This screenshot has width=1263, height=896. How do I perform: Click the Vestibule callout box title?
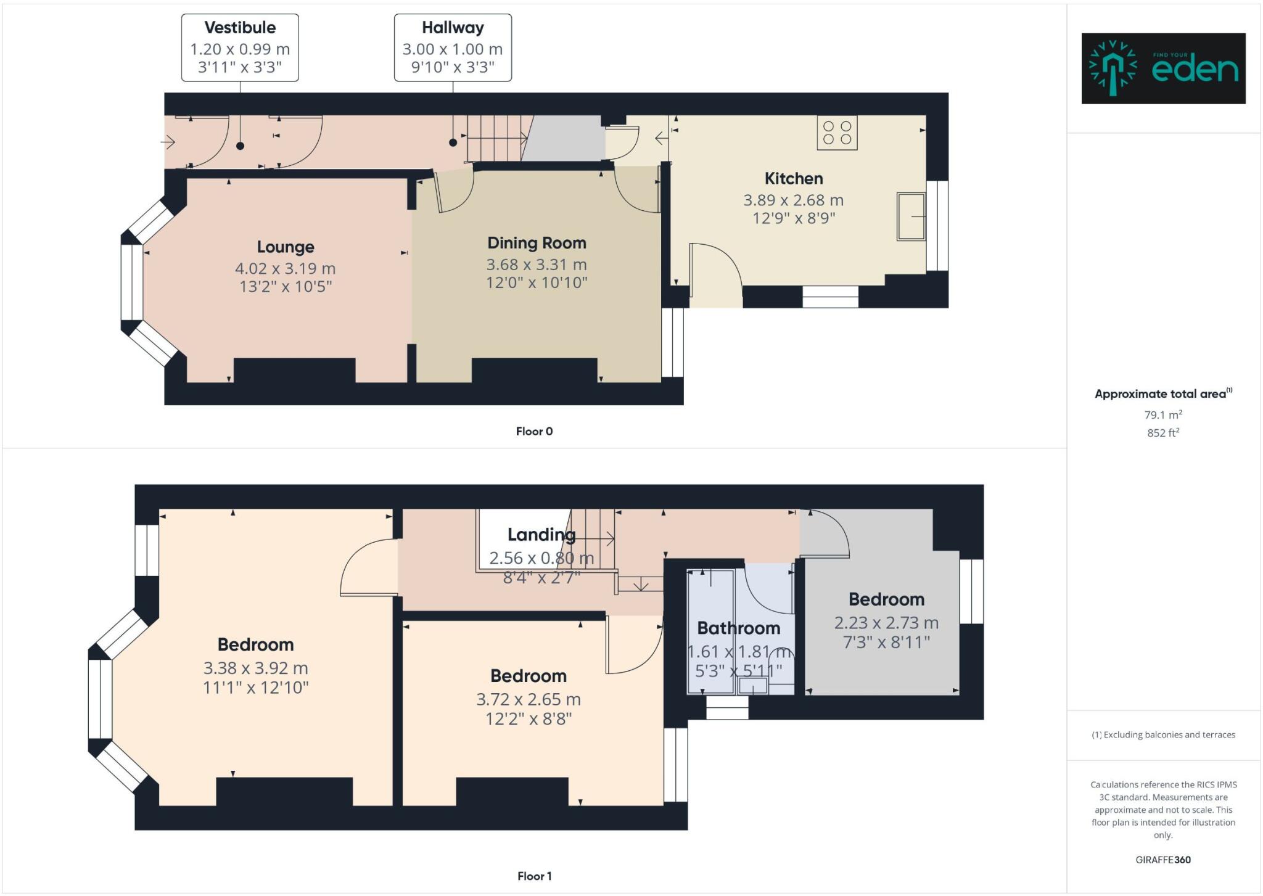pyautogui.click(x=240, y=28)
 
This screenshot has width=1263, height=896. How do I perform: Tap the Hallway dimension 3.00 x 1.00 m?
pyautogui.click(x=452, y=49)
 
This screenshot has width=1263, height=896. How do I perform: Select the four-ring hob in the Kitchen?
pyautogui.click(x=837, y=133)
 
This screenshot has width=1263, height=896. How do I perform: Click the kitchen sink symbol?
pyautogui.click(x=911, y=216)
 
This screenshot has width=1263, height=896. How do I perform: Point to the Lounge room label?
pyautogui.click(x=286, y=247)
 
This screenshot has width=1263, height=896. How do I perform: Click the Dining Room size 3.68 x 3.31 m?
pyautogui.click(x=536, y=265)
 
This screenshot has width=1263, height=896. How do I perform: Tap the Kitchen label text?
pyautogui.click(x=793, y=179)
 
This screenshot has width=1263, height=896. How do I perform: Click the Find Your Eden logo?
pyautogui.click(x=1163, y=68)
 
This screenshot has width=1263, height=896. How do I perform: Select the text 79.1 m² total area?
pyautogui.click(x=1162, y=415)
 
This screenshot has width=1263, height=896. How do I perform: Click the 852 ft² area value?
pyautogui.click(x=1162, y=433)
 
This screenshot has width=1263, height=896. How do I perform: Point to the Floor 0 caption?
pyautogui.click(x=534, y=432)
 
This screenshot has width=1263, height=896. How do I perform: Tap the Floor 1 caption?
pyautogui.click(x=534, y=876)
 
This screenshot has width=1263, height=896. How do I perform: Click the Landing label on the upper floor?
pyautogui.click(x=541, y=535)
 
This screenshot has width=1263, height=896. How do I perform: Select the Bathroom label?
pyautogui.click(x=738, y=628)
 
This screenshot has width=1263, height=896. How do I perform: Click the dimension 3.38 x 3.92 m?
pyautogui.click(x=255, y=668)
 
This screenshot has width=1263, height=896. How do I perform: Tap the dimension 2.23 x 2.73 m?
pyautogui.click(x=886, y=623)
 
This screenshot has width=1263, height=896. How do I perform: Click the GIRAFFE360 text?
pyautogui.click(x=1162, y=860)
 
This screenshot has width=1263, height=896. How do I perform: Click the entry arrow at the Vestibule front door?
pyautogui.click(x=168, y=142)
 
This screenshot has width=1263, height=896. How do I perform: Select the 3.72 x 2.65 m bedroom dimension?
pyautogui.click(x=528, y=700)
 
